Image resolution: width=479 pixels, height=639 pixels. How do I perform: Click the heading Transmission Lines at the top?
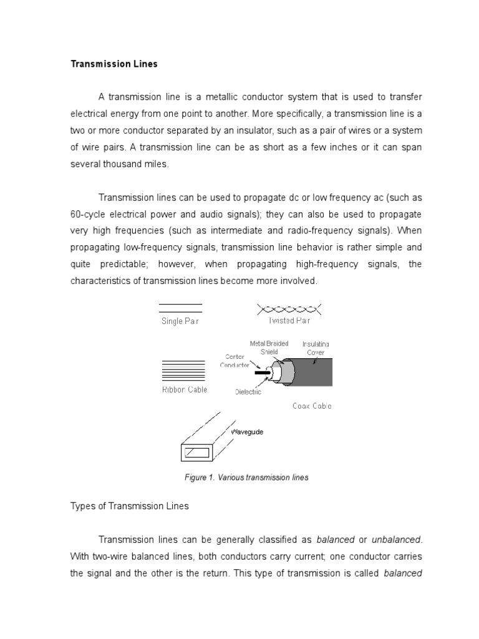[114, 64]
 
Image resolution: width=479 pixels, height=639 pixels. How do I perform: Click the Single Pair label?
[180, 322]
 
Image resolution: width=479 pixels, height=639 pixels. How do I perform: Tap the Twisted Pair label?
[289, 321]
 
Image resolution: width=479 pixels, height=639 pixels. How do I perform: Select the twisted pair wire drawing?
[289, 308]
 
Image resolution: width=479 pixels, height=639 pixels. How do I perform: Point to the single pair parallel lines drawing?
[180, 308]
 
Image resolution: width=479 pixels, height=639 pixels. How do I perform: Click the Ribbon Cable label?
[184, 390]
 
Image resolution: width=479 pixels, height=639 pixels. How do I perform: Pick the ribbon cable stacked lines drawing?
[182, 370]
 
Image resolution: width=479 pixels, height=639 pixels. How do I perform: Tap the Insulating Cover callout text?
[316, 348]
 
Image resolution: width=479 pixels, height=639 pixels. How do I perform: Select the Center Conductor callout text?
[234, 361]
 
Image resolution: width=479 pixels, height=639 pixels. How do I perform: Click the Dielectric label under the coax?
[248, 392]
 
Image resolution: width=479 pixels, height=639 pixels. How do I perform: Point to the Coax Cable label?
[312, 406]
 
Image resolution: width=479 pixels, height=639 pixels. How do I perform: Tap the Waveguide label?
[247, 432]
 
